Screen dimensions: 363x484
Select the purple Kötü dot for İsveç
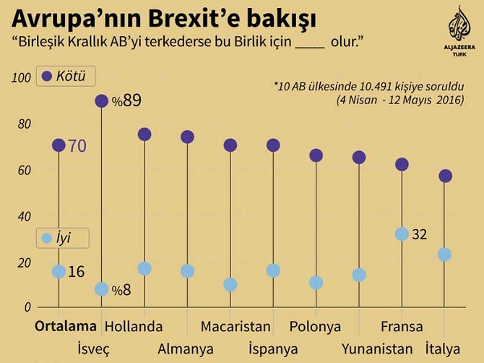pos(102,101)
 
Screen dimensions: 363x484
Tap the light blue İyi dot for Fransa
pos(402,234)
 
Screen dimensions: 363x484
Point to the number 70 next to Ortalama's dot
pos(77,146)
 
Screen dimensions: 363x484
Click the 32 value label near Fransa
pos(420,234)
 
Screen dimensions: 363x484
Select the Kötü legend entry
pos(66,77)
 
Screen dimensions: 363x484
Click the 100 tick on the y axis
pos(22,78)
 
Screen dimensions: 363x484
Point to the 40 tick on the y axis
pos(25,217)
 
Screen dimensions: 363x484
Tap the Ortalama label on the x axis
pos(65,326)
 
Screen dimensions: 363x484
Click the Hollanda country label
pos(134,326)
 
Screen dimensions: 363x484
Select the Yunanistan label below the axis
pos(377,349)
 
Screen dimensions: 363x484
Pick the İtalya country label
pos(443,349)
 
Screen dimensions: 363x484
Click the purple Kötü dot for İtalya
pos(445,176)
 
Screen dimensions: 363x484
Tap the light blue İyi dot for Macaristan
pos(230,284)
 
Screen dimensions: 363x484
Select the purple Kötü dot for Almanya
pos(187,137)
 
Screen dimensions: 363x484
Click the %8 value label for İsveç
pos(122,290)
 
